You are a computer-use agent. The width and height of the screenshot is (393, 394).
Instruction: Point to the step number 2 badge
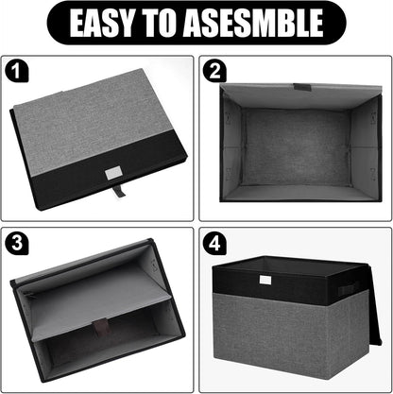[x=215, y=70]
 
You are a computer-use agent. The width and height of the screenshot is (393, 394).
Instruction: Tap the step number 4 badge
[x=215, y=242]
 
